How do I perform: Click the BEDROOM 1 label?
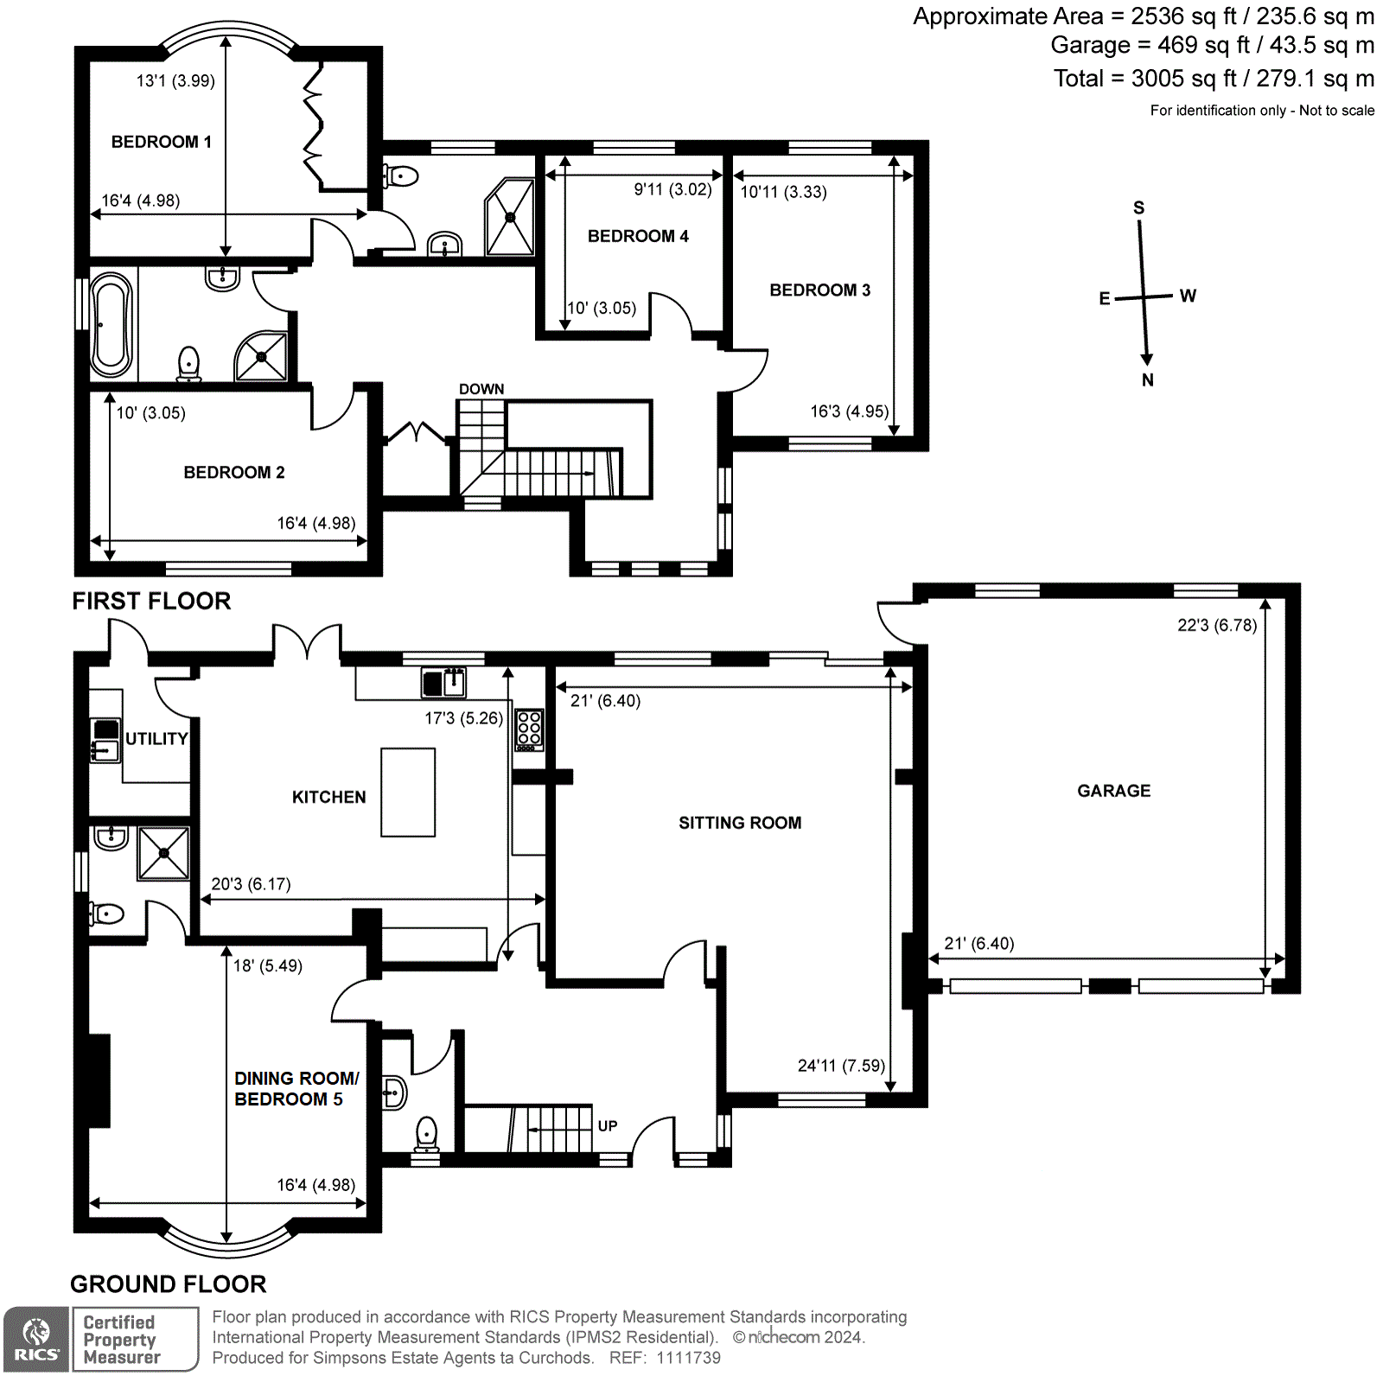point(161,142)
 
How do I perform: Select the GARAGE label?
point(1113,791)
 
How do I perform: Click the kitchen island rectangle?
point(408,793)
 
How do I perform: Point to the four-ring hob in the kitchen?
point(529,729)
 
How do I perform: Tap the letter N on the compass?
point(1148,379)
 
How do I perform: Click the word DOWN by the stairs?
point(481,389)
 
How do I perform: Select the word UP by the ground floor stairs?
point(608,1126)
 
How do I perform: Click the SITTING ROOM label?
point(740,823)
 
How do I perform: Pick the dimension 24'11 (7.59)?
point(841,1066)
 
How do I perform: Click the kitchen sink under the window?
point(443,682)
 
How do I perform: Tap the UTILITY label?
point(156,739)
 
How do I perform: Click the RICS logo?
point(36,1339)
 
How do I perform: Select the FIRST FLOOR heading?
point(151,602)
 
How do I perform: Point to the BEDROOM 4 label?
point(638,236)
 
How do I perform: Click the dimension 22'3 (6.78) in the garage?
point(1216,625)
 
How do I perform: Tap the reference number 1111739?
point(688,1358)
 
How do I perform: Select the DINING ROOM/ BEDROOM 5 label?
point(296,1089)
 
